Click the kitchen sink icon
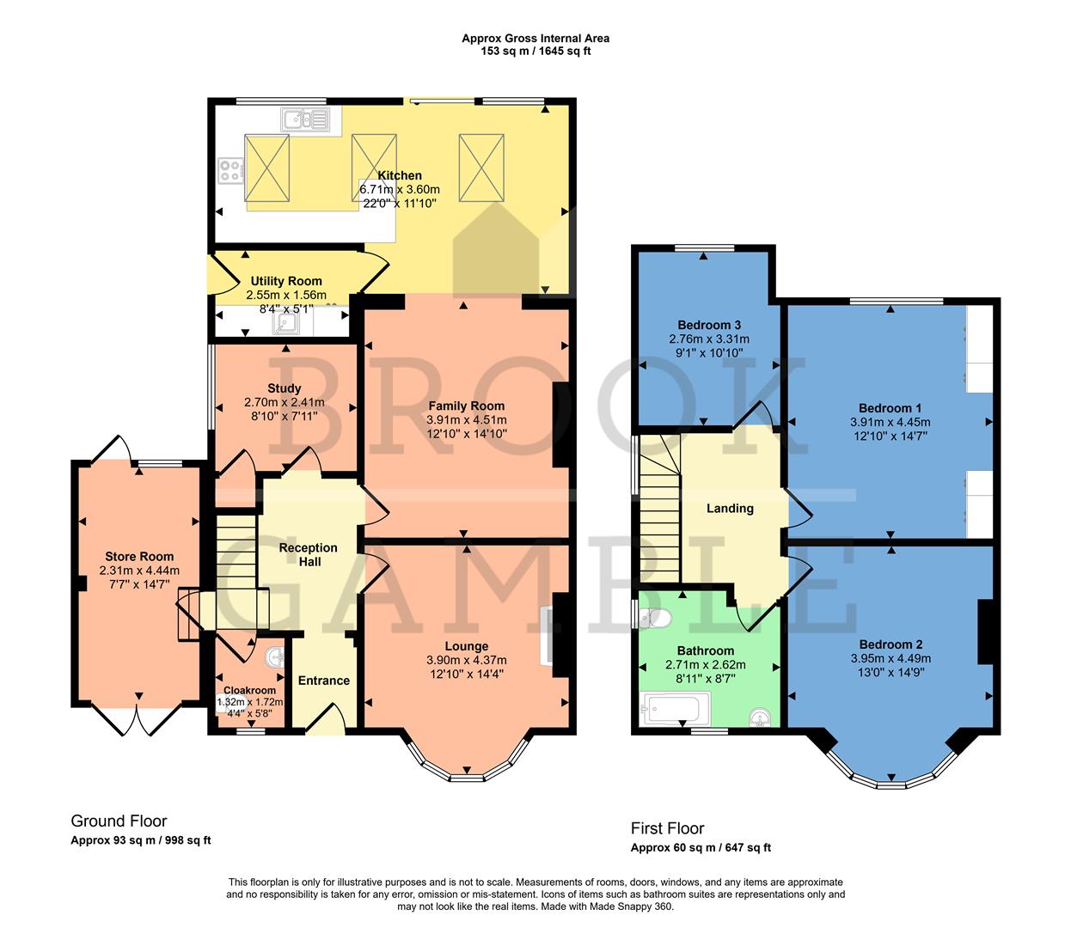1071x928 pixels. [304, 119]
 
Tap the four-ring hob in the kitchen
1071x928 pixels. [230, 170]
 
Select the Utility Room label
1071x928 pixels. [286, 281]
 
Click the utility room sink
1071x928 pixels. [285, 322]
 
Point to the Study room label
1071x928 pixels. [284, 388]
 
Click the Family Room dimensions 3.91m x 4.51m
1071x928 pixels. [466, 420]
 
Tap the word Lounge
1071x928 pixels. [466, 646]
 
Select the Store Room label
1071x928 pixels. [139, 557]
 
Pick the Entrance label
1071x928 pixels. [323, 681]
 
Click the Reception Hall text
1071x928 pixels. [309, 554]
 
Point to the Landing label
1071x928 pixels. [730, 509]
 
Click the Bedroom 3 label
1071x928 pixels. [709, 325]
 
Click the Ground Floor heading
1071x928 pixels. [119, 821]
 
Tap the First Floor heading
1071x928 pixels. [667, 828]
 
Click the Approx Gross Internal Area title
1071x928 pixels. [535, 38]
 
